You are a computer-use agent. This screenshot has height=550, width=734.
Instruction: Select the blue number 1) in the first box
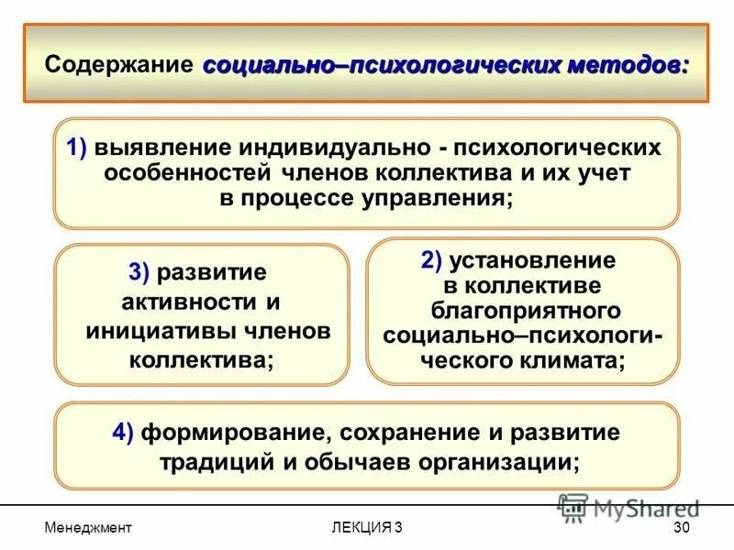pyautogui.click(x=76, y=148)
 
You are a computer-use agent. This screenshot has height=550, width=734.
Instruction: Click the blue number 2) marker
pyautogui.click(x=433, y=259)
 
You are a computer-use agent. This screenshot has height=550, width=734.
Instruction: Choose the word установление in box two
pyautogui.click(x=533, y=259)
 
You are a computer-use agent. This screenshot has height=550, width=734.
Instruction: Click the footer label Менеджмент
pyautogui.click(x=88, y=527)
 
